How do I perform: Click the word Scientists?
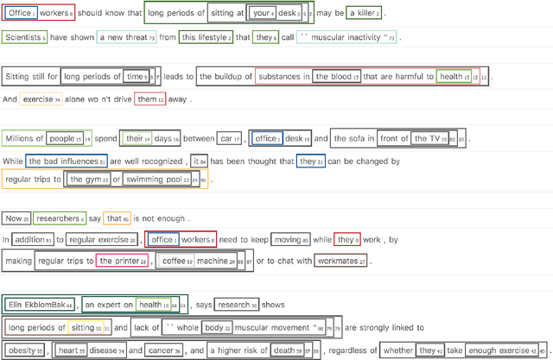[22, 38]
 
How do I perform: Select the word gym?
[85, 180]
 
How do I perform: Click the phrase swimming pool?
[153, 180]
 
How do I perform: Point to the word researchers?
[56, 218]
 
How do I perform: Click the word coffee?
[174, 260]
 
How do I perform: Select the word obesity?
[22, 351]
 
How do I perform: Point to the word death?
[283, 351]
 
